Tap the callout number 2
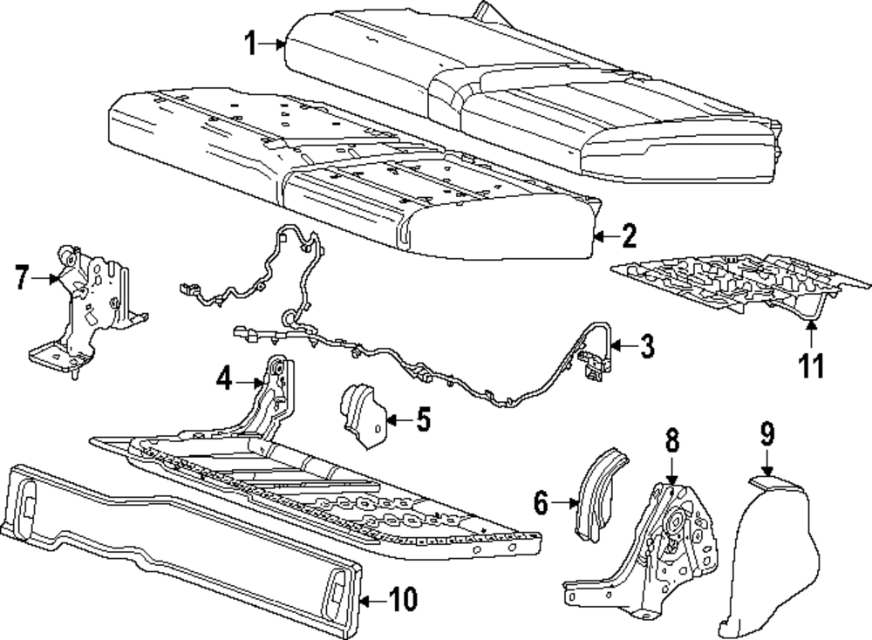click(x=628, y=235)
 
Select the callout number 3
click(x=645, y=346)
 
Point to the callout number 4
click(x=224, y=380)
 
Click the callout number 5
click(x=422, y=419)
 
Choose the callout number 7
click(x=24, y=279)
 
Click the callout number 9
click(x=766, y=433)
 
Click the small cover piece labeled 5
click(x=361, y=416)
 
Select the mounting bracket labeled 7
click(x=87, y=305)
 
